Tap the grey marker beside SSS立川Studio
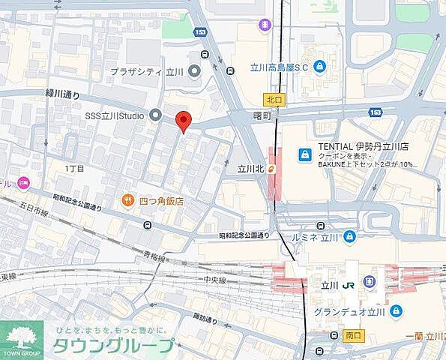(156, 115)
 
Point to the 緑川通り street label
(62, 94)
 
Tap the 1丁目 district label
(74, 169)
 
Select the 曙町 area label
(262, 115)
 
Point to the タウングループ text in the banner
(112, 346)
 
